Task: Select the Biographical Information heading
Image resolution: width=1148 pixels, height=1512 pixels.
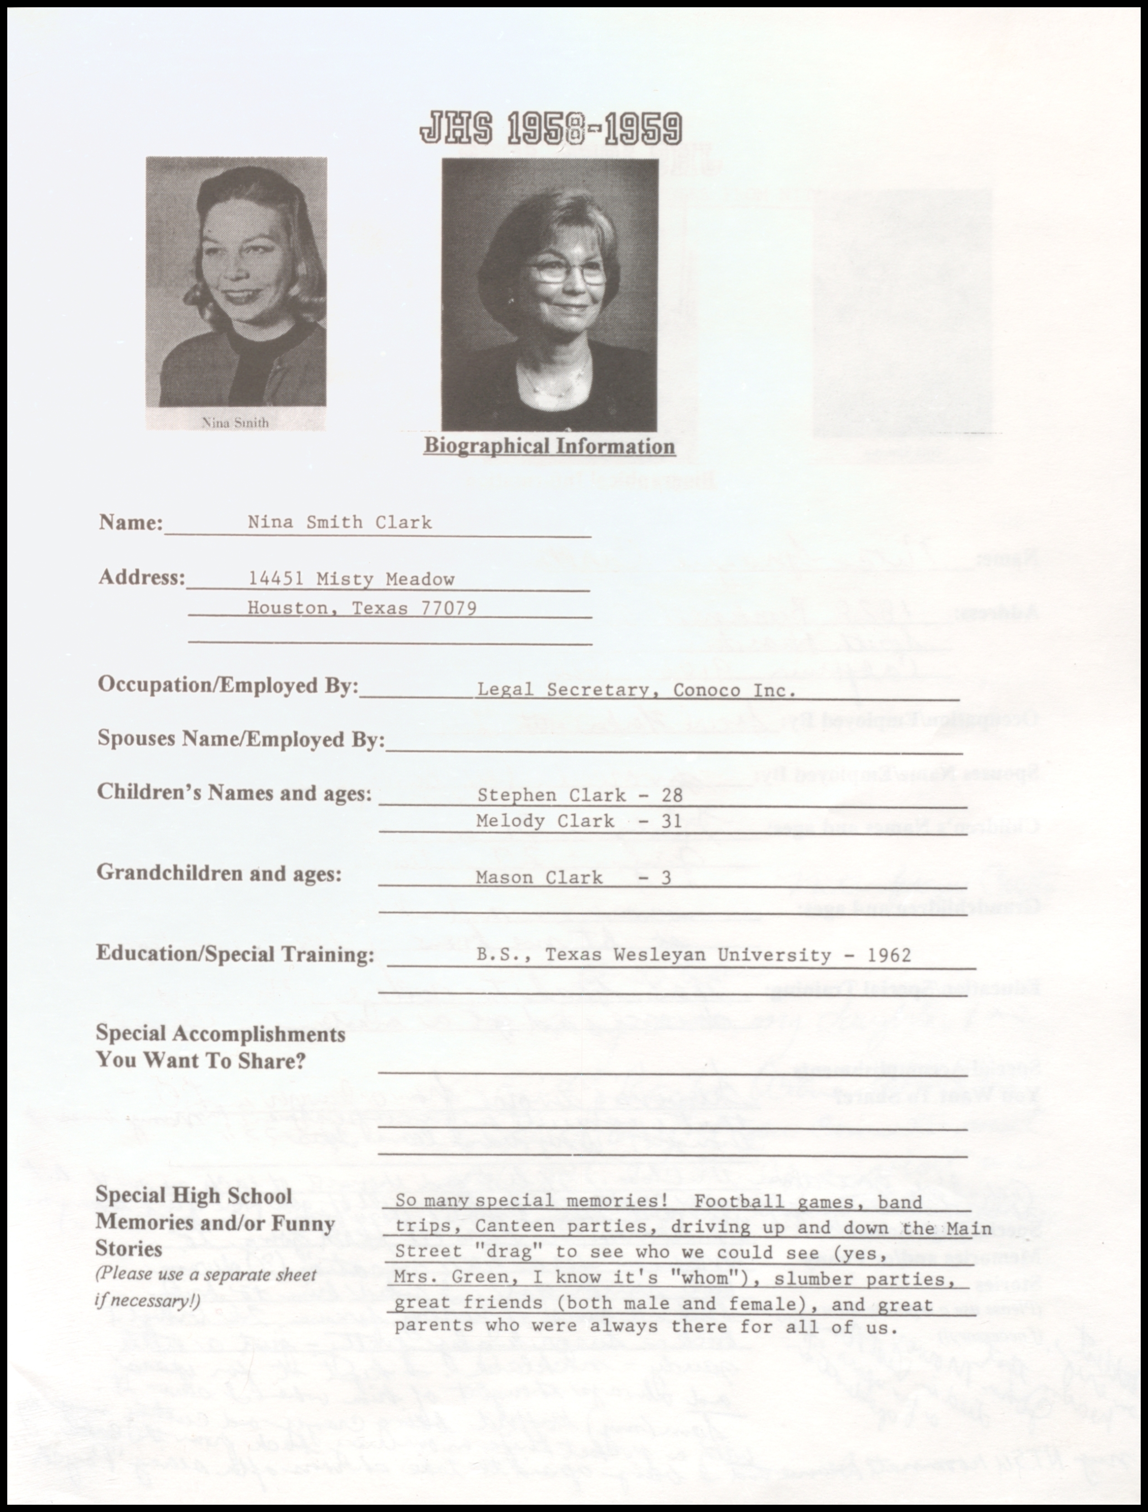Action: tap(549, 446)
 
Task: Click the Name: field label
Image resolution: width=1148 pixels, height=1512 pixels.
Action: tap(130, 522)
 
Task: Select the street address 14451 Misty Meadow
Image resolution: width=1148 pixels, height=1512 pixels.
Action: tap(351, 579)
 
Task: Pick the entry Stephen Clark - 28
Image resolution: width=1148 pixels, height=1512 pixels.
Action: tap(579, 795)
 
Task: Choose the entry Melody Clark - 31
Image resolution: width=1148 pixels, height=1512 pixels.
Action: tap(579, 821)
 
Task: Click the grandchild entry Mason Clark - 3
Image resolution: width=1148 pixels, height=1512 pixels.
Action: tap(573, 878)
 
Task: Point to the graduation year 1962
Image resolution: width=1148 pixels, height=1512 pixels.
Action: tap(889, 955)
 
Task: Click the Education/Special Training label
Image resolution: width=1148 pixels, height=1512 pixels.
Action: tap(235, 954)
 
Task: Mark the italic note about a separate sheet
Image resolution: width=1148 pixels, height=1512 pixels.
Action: tap(206, 1287)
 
